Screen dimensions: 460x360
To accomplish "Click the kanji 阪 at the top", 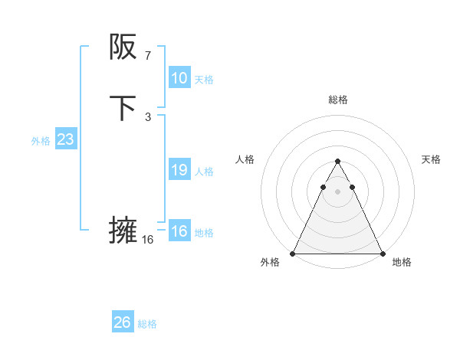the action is pos(123,47).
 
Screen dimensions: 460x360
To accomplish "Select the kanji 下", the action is pos(123,108).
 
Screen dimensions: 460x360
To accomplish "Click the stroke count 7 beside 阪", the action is pos(147,55).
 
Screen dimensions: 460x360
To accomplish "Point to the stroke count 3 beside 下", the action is pos(147,116).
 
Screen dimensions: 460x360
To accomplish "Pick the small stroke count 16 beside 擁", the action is pos(147,239).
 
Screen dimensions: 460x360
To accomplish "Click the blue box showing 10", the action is pos(179,78).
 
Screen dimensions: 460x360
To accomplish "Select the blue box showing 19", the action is pos(179,170).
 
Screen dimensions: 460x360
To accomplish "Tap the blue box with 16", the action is pos(179,231).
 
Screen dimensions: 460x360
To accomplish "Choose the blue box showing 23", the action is pos(65,139).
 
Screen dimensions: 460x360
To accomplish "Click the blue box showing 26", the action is pos(123,322).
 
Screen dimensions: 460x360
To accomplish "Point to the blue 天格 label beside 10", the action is pos(204,80).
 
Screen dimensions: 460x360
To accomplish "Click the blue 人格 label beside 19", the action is pos(204,172).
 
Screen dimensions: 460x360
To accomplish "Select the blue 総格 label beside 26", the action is pos(147,324).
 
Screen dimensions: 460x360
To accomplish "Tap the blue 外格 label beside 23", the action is pos(41,141).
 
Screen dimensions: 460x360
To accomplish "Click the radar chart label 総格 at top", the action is pos(337,100).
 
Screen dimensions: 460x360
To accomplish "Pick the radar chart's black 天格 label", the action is pos(431,159).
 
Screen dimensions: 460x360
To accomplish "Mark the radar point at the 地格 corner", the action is pos(382,254).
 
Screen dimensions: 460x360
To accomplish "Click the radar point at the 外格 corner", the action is pos(293,254).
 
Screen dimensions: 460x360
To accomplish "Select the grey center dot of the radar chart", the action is pos(337,190).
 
